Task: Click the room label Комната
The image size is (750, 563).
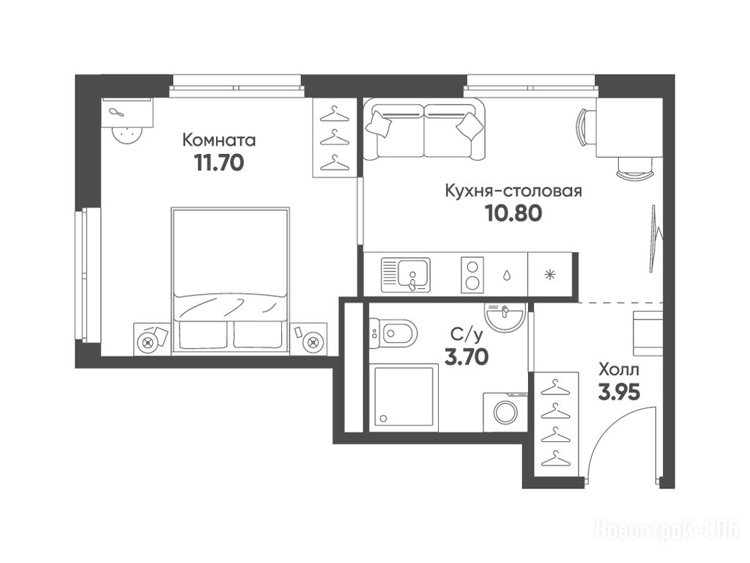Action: pyautogui.click(x=219, y=140)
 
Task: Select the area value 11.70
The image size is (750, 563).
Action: pyautogui.click(x=219, y=163)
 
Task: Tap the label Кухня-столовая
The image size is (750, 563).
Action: pyautogui.click(x=513, y=191)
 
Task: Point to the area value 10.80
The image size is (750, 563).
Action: pyautogui.click(x=513, y=213)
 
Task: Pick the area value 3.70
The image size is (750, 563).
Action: pyautogui.click(x=467, y=357)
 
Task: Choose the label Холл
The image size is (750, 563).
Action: pyautogui.click(x=619, y=370)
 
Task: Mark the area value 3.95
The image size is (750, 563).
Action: pyautogui.click(x=619, y=393)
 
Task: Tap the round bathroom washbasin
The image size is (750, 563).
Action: pyautogui.click(x=504, y=315)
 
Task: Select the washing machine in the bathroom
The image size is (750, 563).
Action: pyautogui.click(x=505, y=411)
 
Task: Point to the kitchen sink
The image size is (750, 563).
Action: pyautogui.click(x=406, y=275)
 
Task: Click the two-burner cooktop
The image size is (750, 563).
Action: pyautogui.click(x=472, y=275)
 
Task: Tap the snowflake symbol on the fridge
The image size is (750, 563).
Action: pyautogui.click(x=551, y=275)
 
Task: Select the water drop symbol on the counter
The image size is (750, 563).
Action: pyautogui.click(x=506, y=276)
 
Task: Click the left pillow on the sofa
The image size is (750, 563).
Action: pyautogui.click(x=379, y=123)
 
